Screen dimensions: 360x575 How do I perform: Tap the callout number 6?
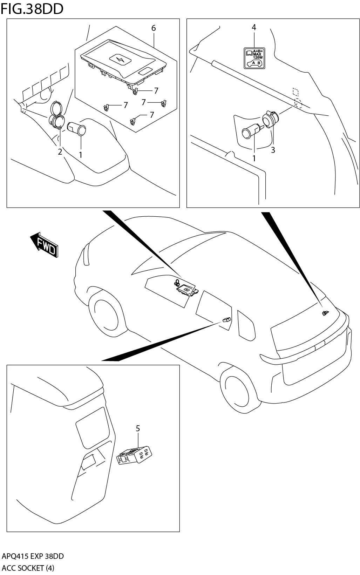154,28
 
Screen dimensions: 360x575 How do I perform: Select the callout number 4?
254,27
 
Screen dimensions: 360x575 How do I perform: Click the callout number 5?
138,428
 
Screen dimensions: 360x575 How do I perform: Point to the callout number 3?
273,150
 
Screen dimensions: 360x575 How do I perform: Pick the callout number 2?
60,152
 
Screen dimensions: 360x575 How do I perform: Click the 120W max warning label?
254,58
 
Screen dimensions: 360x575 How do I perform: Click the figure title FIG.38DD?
32,9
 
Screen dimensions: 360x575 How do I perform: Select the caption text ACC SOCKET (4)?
28,568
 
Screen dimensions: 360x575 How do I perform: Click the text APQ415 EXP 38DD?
33,556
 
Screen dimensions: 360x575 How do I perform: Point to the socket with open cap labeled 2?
57,115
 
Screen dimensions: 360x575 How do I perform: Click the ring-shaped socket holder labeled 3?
271,119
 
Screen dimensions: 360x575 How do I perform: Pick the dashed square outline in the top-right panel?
296,92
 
